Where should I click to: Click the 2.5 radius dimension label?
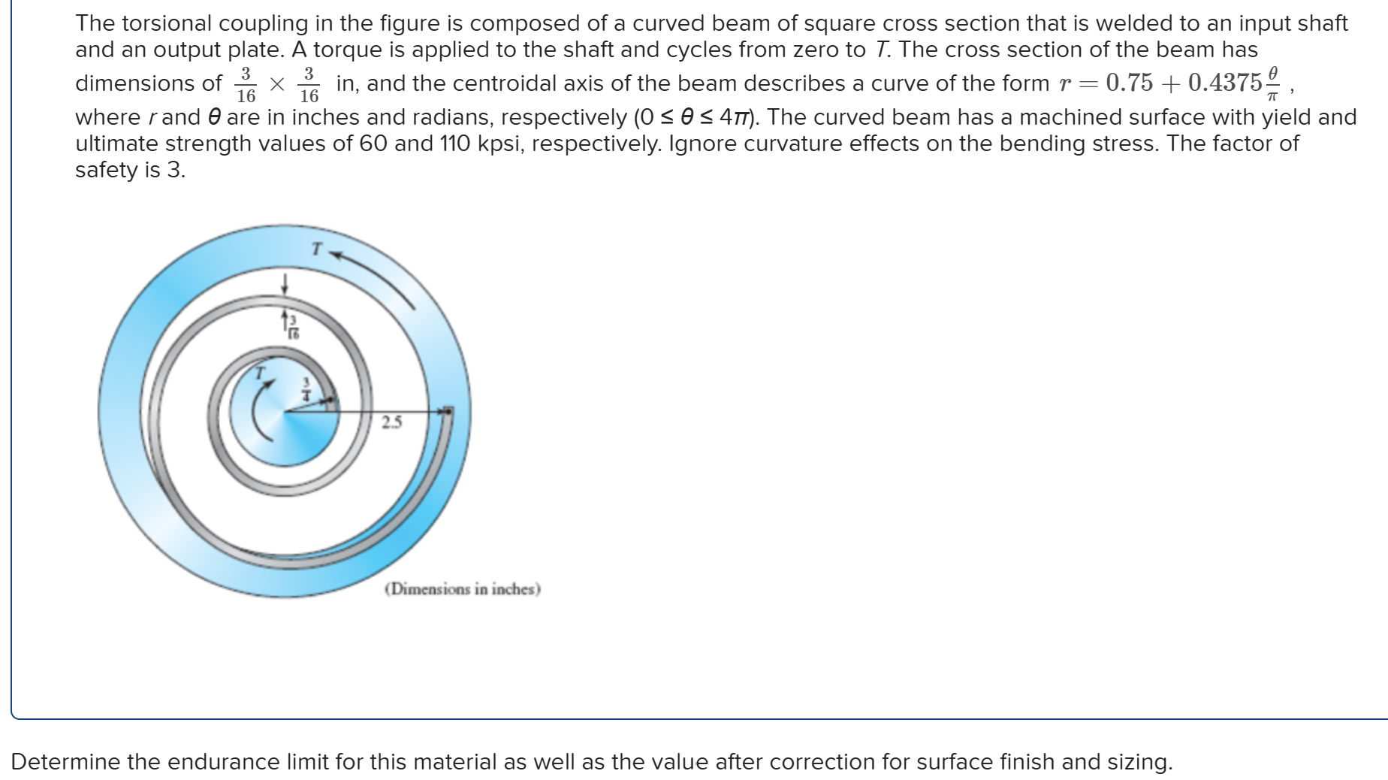(391, 422)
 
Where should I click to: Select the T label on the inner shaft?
(260, 373)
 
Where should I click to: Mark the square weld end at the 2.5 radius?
(448, 410)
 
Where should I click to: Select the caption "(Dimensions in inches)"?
(463, 589)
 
